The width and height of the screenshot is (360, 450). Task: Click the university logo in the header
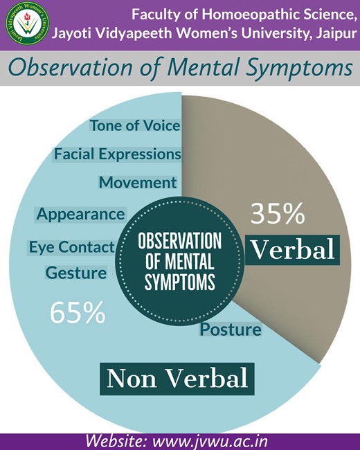pos(28,24)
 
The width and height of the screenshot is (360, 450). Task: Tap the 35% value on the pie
pos(278,213)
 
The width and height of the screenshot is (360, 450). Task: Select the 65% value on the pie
pos(78,313)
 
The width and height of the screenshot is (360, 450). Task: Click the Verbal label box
pos(293,250)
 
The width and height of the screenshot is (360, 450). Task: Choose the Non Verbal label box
pos(177,379)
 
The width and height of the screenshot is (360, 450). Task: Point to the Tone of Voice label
pos(135,126)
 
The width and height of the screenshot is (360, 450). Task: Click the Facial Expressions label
pos(118,154)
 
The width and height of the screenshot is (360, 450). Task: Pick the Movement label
pos(138,183)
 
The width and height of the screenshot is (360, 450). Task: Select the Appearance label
pos(81,215)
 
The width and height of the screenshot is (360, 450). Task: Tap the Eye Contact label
pos(72,247)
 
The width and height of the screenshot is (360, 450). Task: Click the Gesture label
pos(76,273)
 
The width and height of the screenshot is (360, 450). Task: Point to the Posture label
pos(231,329)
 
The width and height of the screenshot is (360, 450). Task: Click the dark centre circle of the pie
pos(180,261)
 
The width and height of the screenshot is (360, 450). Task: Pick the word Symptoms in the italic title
pos(300,68)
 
